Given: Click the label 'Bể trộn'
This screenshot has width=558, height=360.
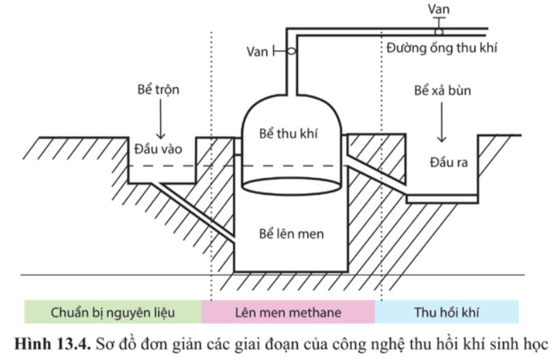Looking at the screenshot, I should pos(157,90).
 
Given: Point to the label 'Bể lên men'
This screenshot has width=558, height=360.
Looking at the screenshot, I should pos(291,234).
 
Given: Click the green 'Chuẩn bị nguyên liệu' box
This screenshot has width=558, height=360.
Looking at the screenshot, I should pos(112,313).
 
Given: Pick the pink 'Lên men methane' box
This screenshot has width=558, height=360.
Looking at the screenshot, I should pos(288,313).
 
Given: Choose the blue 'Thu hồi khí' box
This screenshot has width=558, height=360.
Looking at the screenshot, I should pos(446,313).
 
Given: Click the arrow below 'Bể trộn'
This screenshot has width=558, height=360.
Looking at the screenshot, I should pos(157,121).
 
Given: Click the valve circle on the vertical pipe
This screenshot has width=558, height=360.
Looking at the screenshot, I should pos(291,51).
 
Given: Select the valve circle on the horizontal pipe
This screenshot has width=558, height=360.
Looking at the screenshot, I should pos(437,31).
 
